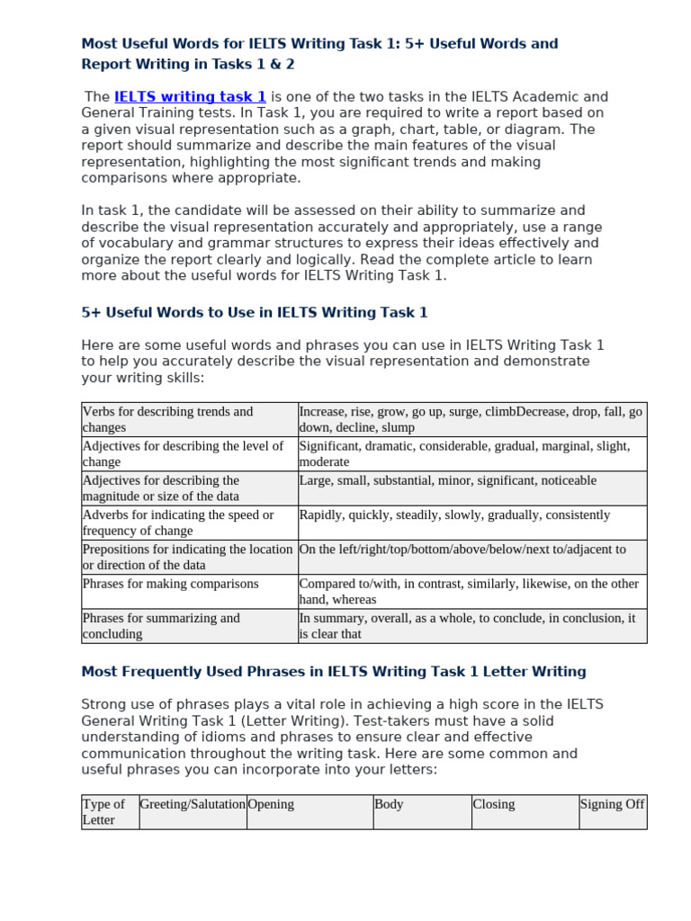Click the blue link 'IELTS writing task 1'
[190, 97]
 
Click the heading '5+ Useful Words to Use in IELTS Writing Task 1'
[255, 313]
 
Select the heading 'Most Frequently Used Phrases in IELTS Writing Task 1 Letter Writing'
[333, 672]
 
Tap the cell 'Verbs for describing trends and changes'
[189, 420]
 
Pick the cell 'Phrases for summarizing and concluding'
[189, 626]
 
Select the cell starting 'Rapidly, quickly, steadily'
[471, 523]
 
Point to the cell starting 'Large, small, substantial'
[471, 488]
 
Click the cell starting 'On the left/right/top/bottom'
[471, 557]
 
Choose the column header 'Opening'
[310, 811]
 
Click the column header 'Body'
[422, 811]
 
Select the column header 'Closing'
[525, 811]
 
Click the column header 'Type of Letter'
[110, 812]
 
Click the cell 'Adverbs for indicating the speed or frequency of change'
[189, 523]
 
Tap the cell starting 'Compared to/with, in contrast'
[471, 592]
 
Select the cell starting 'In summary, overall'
[471, 626]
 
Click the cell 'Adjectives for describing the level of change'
[189, 454]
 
